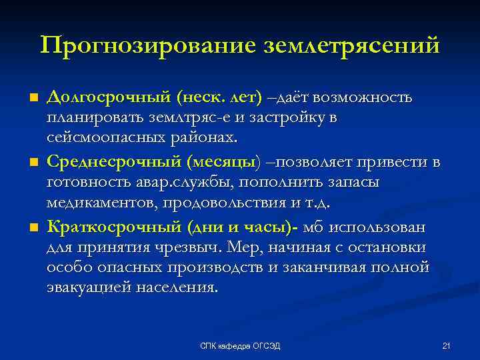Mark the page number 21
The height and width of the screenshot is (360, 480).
click(x=447, y=345)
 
